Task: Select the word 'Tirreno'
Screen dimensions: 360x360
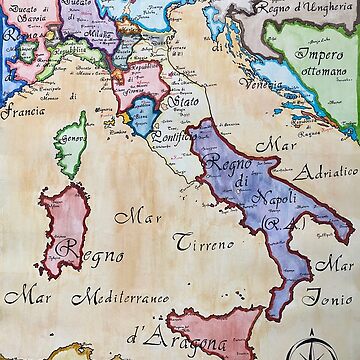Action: [206, 241]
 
